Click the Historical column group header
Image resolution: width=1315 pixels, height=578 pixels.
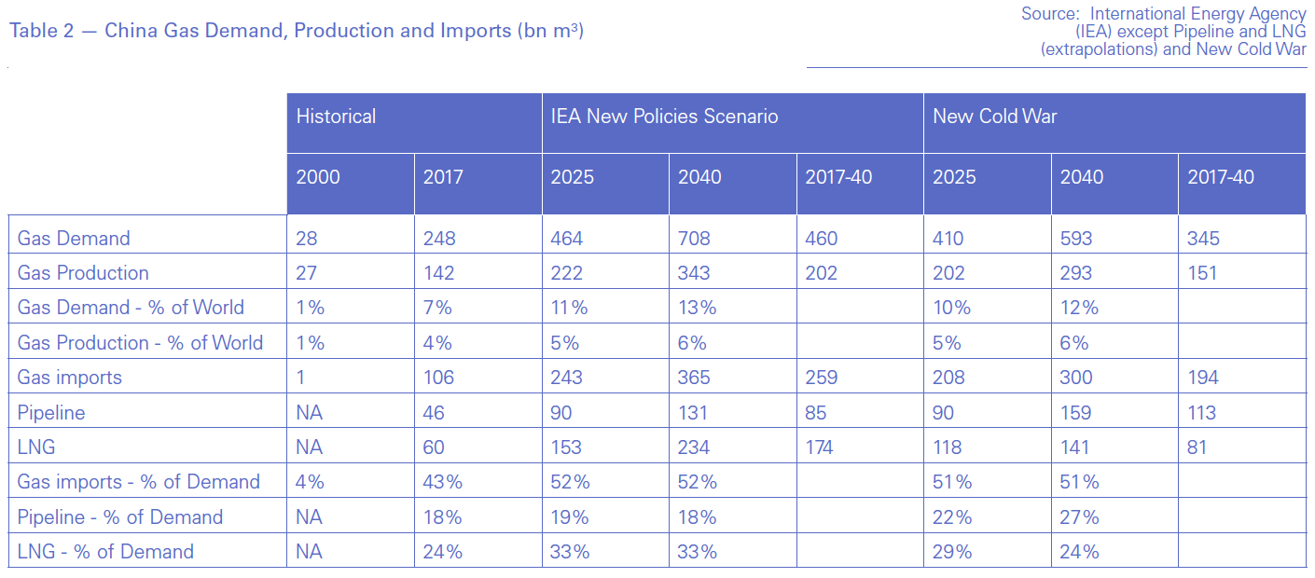(x=336, y=117)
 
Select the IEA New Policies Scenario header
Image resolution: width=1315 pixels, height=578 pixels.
(x=664, y=117)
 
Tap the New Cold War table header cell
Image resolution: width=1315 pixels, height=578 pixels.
(x=994, y=117)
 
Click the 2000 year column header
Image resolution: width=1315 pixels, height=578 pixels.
(x=318, y=177)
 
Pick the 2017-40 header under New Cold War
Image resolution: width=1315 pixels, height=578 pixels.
(x=1221, y=177)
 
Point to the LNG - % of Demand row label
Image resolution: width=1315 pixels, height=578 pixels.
(x=105, y=552)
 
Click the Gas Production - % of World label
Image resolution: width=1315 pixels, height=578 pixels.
(x=140, y=343)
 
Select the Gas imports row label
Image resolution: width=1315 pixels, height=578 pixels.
(x=70, y=378)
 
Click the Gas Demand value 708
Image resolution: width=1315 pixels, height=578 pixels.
(x=694, y=239)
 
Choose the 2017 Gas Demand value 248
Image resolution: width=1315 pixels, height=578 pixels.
(x=439, y=239)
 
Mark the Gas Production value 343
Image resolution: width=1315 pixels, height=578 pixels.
(x=694, y=273)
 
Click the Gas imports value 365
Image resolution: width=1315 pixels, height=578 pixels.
(x=694, y=378)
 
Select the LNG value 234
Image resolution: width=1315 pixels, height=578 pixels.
(x=694, y=447)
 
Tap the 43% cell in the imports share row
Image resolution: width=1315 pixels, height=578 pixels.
(x=443, y=482)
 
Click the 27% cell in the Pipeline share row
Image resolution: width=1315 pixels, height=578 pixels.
(x=1080, y=517)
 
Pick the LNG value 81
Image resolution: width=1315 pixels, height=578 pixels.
(x=1197, y=447)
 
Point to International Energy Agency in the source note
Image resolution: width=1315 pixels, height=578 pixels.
(x=1198, y=14)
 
